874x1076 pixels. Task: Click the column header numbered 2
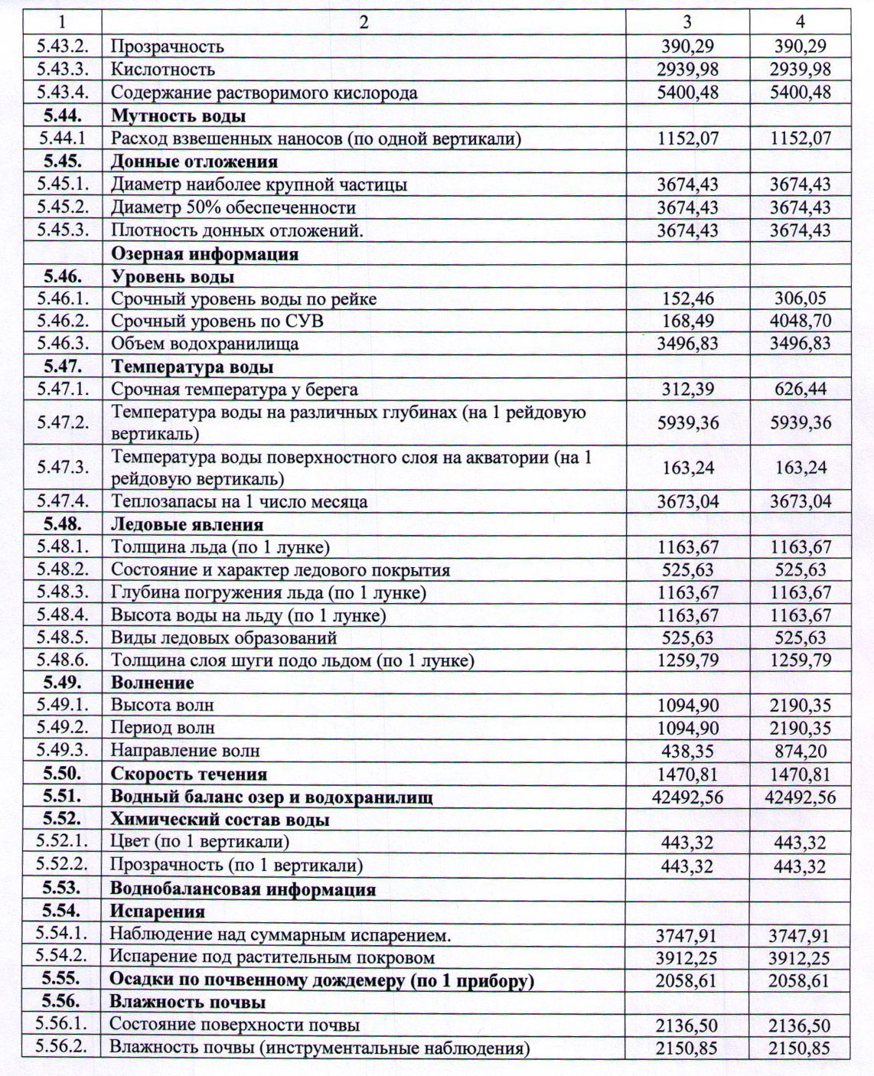pos(364,22)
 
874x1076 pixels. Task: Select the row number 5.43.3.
pos(63,70)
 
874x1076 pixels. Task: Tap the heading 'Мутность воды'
pos(178,116)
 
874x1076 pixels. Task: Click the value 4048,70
pos(800,321)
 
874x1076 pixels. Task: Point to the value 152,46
pos(687,298)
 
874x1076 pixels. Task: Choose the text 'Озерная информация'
pos(204,253)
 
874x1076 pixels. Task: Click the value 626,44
pos(800,389)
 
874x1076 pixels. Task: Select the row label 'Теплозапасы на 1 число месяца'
pos(240,502)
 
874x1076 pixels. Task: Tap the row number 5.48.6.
pos(63,660)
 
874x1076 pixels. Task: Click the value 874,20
pos(800,751)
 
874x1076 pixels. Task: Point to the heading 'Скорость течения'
pos(188,774)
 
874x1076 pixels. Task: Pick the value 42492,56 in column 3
pos(687,797)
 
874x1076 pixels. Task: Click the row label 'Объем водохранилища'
pos(204,344)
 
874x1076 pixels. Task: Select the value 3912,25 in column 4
pos(800,957)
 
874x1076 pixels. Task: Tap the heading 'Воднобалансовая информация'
pos(243,889)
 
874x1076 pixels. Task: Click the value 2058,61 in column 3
pos(687,980)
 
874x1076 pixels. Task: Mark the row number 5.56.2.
pos(63,1048)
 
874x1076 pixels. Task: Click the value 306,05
pos(800,298)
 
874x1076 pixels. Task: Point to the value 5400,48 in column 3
pos(687,93)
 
